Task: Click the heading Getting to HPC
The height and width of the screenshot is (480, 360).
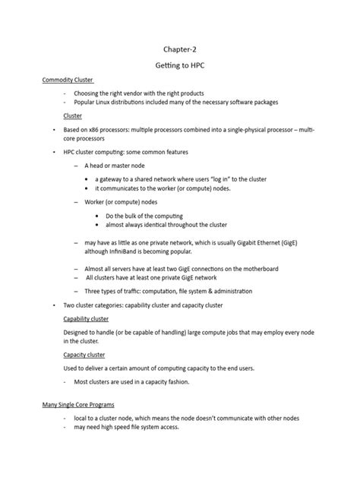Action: pyautogui.click(x=180, y=66)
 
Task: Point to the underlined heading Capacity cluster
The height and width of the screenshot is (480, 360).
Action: pyautogui.click(x=84, y=355)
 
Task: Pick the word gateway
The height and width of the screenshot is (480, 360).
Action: pyautogui.click(x=112, y=179)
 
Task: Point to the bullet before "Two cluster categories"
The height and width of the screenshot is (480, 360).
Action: pyautogui.click(x=54, y=305)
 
